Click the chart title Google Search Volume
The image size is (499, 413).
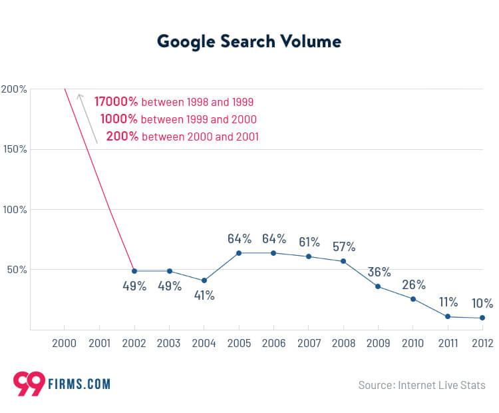click(x=249, y=41)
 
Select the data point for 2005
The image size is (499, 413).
click(x=239, y=253)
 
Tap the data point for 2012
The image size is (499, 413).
click(x=482, y=318)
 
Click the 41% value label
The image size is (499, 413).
click(x=204, y=295)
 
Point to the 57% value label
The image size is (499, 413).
click(x=344, y=246)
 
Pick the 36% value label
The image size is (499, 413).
click(x=379, y=272)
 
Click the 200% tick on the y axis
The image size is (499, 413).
click(x=14, y=89)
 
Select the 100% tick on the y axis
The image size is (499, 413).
click(x=14, y=209)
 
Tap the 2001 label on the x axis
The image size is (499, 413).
click(x=99, y=343)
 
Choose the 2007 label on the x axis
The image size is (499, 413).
click(x=308, y=343)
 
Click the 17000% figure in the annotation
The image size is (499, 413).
click(x=116, y=102)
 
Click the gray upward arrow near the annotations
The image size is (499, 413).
click(x=87, y=118)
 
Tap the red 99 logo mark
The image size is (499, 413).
click(x=29, y=384)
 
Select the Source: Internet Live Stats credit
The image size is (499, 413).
click(x=422, y=385)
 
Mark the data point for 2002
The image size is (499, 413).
click(x=134, y=271)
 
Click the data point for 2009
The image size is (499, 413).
click(x=378, y=286)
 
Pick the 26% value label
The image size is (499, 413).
click(x=413, y=284)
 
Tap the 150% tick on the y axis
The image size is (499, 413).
click(x=14, y=149)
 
